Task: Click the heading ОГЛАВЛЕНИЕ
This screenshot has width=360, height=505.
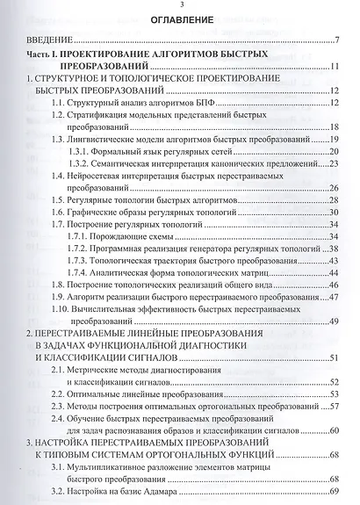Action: tap(181, 18)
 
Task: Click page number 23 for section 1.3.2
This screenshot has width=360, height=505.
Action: tap(335, 164)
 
